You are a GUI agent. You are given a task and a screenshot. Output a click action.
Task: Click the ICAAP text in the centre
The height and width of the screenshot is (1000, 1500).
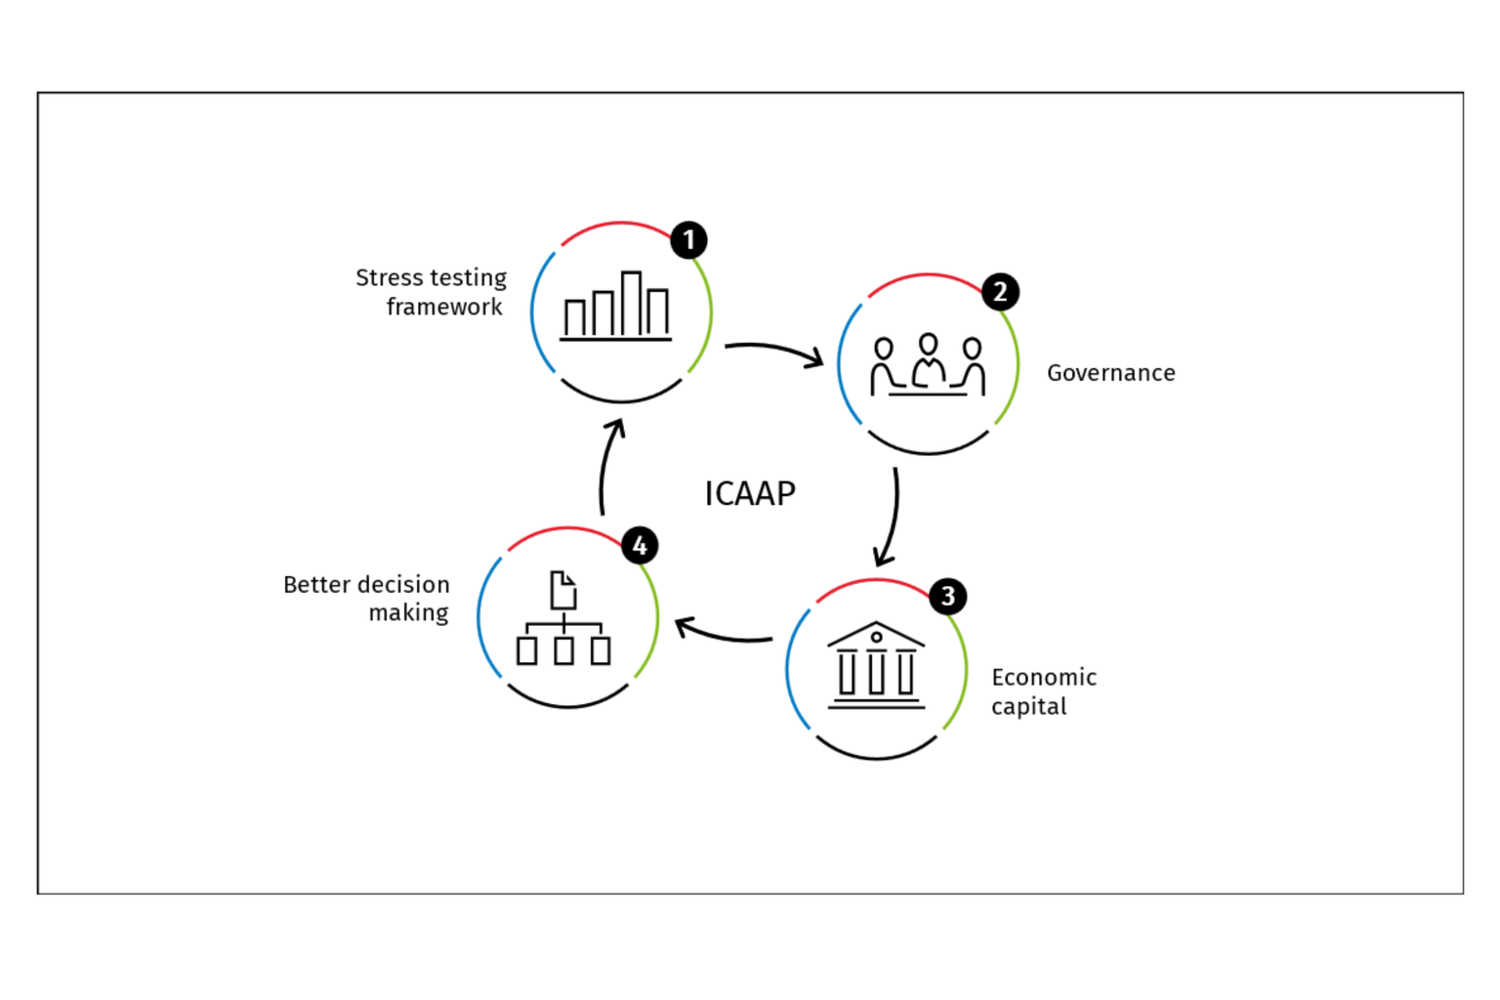point(750,494)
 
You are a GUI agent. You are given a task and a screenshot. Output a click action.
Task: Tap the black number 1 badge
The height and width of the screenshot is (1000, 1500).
point(688,240)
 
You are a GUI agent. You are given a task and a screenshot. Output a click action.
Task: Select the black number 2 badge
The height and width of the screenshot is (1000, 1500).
point(999,292)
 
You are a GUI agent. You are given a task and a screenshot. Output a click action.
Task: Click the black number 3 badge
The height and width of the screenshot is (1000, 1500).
point(947,597)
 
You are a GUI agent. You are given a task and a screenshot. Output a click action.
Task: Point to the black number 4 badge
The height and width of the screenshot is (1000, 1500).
point(640,546)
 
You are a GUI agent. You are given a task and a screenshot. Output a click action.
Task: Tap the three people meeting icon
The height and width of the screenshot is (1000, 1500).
point(928,365)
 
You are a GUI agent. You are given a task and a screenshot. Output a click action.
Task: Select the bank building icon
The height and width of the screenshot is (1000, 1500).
point(876,666)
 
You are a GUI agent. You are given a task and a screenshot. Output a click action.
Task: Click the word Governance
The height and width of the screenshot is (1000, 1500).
point(1110,373)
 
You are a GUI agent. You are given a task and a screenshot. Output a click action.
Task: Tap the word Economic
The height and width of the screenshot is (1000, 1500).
point(1044,678)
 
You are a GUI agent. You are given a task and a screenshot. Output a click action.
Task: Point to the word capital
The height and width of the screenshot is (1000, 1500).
point(1028,707)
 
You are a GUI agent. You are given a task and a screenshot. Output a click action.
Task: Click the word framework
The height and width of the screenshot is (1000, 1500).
point(444,308)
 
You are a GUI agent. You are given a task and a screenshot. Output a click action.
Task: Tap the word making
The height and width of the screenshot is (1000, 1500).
point(408,613)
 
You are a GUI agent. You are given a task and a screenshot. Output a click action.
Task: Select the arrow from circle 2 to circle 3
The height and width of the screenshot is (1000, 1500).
point(892,518)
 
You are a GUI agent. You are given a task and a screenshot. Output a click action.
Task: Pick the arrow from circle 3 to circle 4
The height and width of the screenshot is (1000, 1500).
point(724,633)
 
